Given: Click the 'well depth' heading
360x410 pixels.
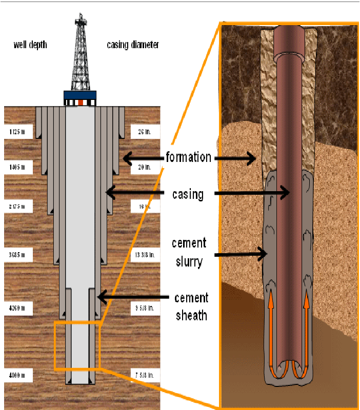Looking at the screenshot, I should click(30, 45).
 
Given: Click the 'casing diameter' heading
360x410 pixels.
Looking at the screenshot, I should click(133, 45).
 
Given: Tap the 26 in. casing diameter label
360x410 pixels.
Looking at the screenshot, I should click(144, 132).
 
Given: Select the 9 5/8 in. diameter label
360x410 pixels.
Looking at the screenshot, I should click(144, 309).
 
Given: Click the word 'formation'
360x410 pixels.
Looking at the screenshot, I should click(188, 157).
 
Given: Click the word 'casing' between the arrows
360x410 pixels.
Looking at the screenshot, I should click(188, 194).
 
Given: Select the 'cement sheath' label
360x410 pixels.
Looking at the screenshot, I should click(191, 306).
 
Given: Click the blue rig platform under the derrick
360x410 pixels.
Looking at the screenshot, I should click(79, 95).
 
